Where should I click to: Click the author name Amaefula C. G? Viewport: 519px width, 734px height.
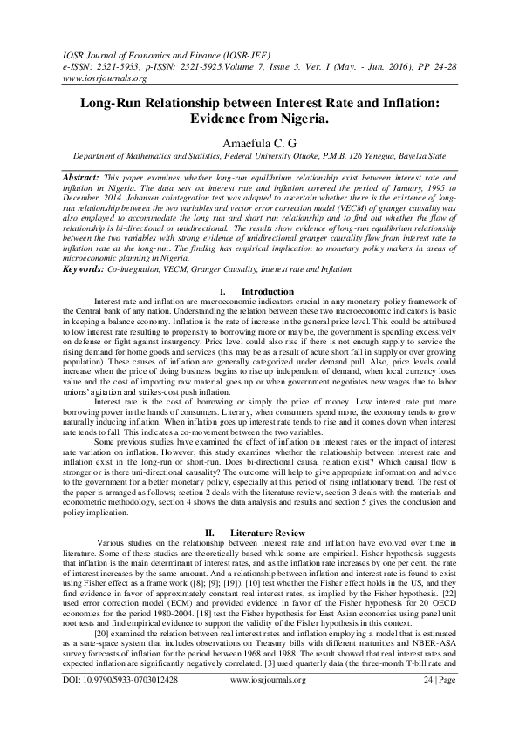coord(258,141)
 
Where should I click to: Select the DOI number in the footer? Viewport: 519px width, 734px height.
coord(120,701)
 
